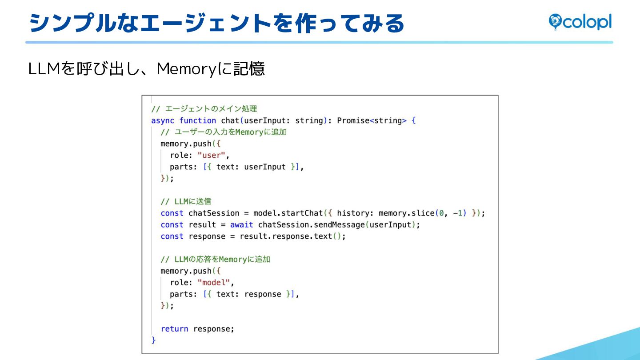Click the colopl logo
click(580, 22)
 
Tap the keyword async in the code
click(163, 120)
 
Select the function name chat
click(230, 120)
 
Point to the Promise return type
click(353, 120)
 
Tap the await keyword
click(241, 224)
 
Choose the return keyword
click(174, 328)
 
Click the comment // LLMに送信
click(186, 201)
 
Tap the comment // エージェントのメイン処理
click(204, 109)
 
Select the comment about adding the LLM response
click(215, 259)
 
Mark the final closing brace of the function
click(154, 340)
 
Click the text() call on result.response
click(323, 236)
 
